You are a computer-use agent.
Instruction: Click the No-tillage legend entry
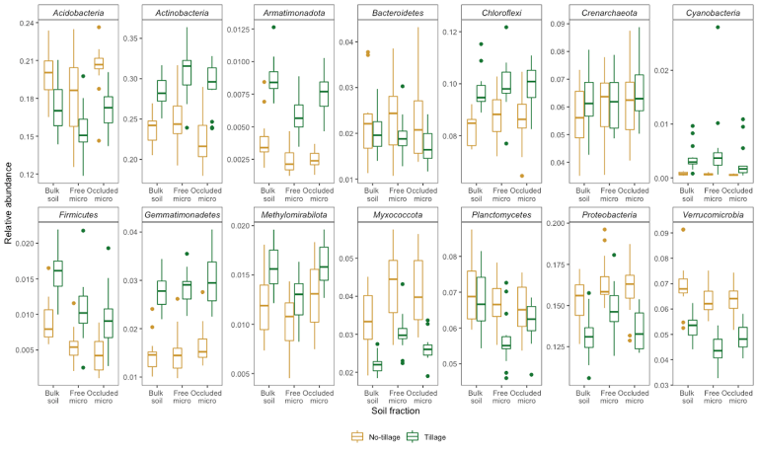click(378, 434)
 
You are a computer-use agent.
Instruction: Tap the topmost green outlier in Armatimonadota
click(273, 28)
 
